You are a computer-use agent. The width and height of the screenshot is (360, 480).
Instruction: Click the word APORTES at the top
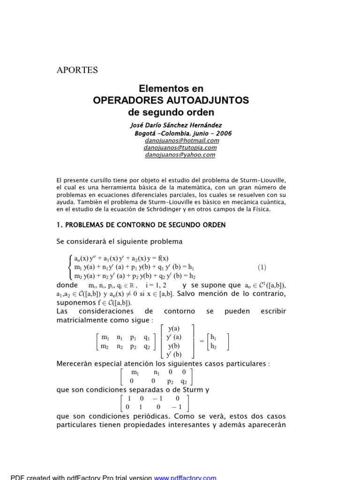tap(77, 70)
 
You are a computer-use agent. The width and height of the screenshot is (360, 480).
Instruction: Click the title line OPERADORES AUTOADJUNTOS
tap(171, 100)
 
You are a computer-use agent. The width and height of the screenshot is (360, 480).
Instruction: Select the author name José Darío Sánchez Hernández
tap(175, 125)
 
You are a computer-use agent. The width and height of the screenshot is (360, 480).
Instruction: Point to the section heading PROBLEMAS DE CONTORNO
tap(145, 225)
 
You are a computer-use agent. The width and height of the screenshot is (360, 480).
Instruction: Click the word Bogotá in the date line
tap(147, 133)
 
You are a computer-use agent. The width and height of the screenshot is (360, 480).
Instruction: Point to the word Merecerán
tap(75, 364)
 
